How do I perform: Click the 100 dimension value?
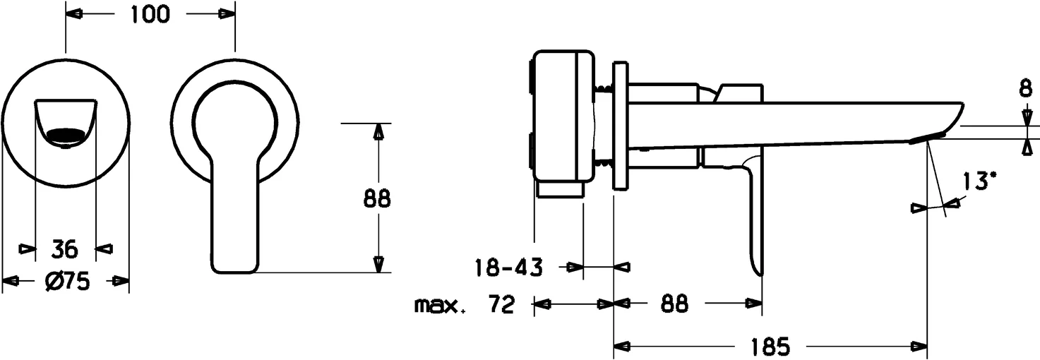tap(150, 13)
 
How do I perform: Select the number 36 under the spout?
tap(66, 248)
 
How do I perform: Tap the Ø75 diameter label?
tap(66, 282)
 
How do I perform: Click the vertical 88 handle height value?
tap(377, 199)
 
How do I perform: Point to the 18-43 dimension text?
tap(508, 268)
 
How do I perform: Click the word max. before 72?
tap(440, 305)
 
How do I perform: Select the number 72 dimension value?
tap(501, 305)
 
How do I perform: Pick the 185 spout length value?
tap(766, 347)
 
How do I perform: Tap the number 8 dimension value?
tap(1024, 90)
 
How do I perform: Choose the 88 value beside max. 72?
tap(675, 304)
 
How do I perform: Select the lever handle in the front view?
tap(233, 212)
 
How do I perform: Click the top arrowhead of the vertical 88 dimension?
tap(378, 132)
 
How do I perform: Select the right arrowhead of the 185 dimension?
tap(919, 347)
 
